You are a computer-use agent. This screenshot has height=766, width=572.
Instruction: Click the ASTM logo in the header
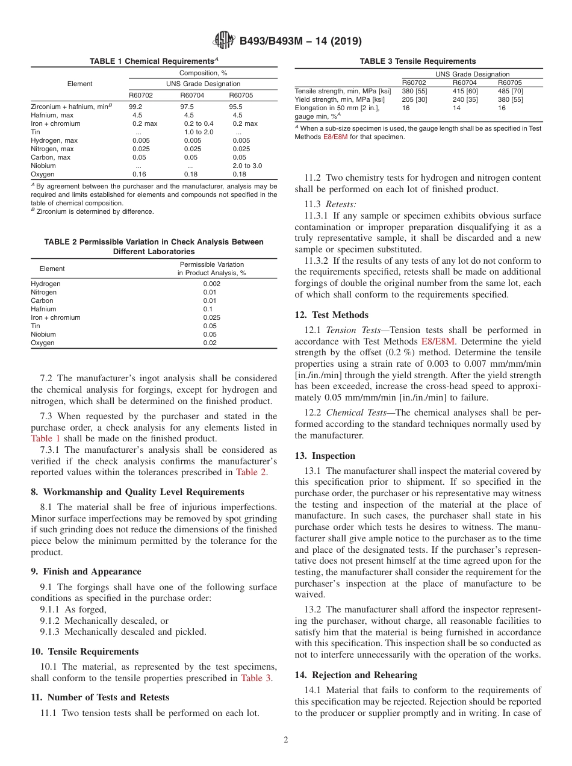point(224,41)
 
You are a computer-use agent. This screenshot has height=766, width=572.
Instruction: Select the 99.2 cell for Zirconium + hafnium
point(135,107)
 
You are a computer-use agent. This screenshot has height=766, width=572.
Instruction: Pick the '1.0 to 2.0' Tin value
point(199,132)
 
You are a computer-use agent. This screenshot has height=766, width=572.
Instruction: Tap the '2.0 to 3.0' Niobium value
point(247,166)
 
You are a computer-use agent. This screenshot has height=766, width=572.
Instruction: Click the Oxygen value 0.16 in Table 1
point(140,174)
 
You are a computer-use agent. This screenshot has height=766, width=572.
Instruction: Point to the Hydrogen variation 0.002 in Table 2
point(211,284)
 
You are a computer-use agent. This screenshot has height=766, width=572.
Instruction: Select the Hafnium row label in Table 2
point(43,309)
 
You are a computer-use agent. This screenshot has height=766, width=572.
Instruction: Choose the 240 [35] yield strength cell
point(465,99)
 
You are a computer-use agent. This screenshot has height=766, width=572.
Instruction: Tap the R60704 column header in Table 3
point(464,83)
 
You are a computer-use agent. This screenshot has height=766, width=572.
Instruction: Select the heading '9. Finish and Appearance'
point(86,571)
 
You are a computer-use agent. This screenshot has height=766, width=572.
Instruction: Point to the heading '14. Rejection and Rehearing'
point(356,674)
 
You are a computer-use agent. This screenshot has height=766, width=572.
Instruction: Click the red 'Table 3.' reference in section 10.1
point(256,678)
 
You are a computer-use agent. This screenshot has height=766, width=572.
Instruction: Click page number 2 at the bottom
point(286,740)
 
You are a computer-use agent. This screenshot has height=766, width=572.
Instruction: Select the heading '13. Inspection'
point(325,456)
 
